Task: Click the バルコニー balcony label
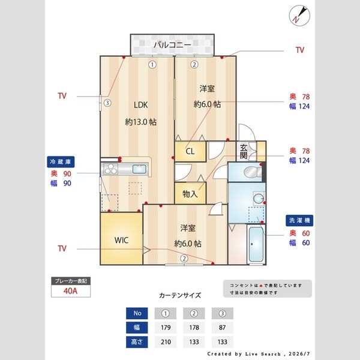172,44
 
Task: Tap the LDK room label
141,105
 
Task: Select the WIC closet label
121,240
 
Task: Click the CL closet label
190,151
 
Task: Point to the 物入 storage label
190,194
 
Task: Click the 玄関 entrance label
244,152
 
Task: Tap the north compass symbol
299,16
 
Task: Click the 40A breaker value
70,291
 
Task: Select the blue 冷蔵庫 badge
61,162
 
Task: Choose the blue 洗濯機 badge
299,220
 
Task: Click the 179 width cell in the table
166,328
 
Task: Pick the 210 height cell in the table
166,342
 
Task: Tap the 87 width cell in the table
222,328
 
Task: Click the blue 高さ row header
137,342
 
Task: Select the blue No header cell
137,313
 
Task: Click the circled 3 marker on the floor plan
107,103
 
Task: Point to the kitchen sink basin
139,169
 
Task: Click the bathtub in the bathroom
256,244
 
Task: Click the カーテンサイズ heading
180,295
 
